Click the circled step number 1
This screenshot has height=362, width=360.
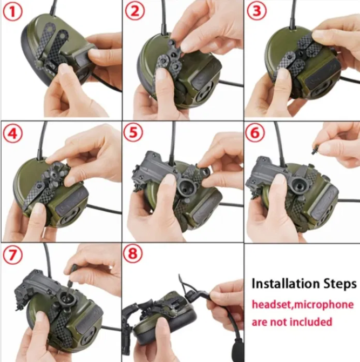tap(13, 11)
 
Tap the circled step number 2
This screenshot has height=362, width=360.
tap(135, 11)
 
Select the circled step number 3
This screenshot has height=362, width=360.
tap(257, 11)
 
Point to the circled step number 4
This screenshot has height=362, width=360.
tap(13, 133)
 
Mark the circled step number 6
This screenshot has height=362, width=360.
tap(255, 132)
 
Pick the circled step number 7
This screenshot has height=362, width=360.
tap(13, 255)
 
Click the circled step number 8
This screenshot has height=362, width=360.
tap(133, 253)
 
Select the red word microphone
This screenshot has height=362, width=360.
tap(324, 305)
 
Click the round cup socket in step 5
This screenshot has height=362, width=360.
tap(186, 186)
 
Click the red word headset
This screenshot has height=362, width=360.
tap(272, 305)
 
